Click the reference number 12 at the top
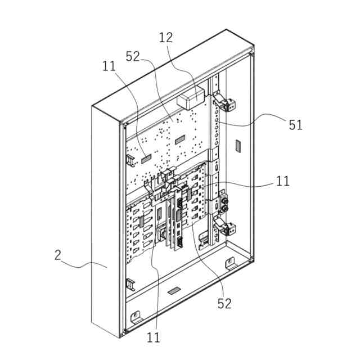(166, 38)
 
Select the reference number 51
(296, 125)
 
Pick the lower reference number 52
(224, 303)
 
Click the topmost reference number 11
(109, 66)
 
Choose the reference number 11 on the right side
(282, 181)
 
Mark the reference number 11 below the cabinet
(153, 337)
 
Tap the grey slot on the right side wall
(237, 146)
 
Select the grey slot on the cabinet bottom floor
(175, 291)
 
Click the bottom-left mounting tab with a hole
(136, 316)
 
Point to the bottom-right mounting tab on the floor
(229, 263)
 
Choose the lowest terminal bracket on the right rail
(228, 229)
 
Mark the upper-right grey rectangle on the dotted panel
(180, 138)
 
